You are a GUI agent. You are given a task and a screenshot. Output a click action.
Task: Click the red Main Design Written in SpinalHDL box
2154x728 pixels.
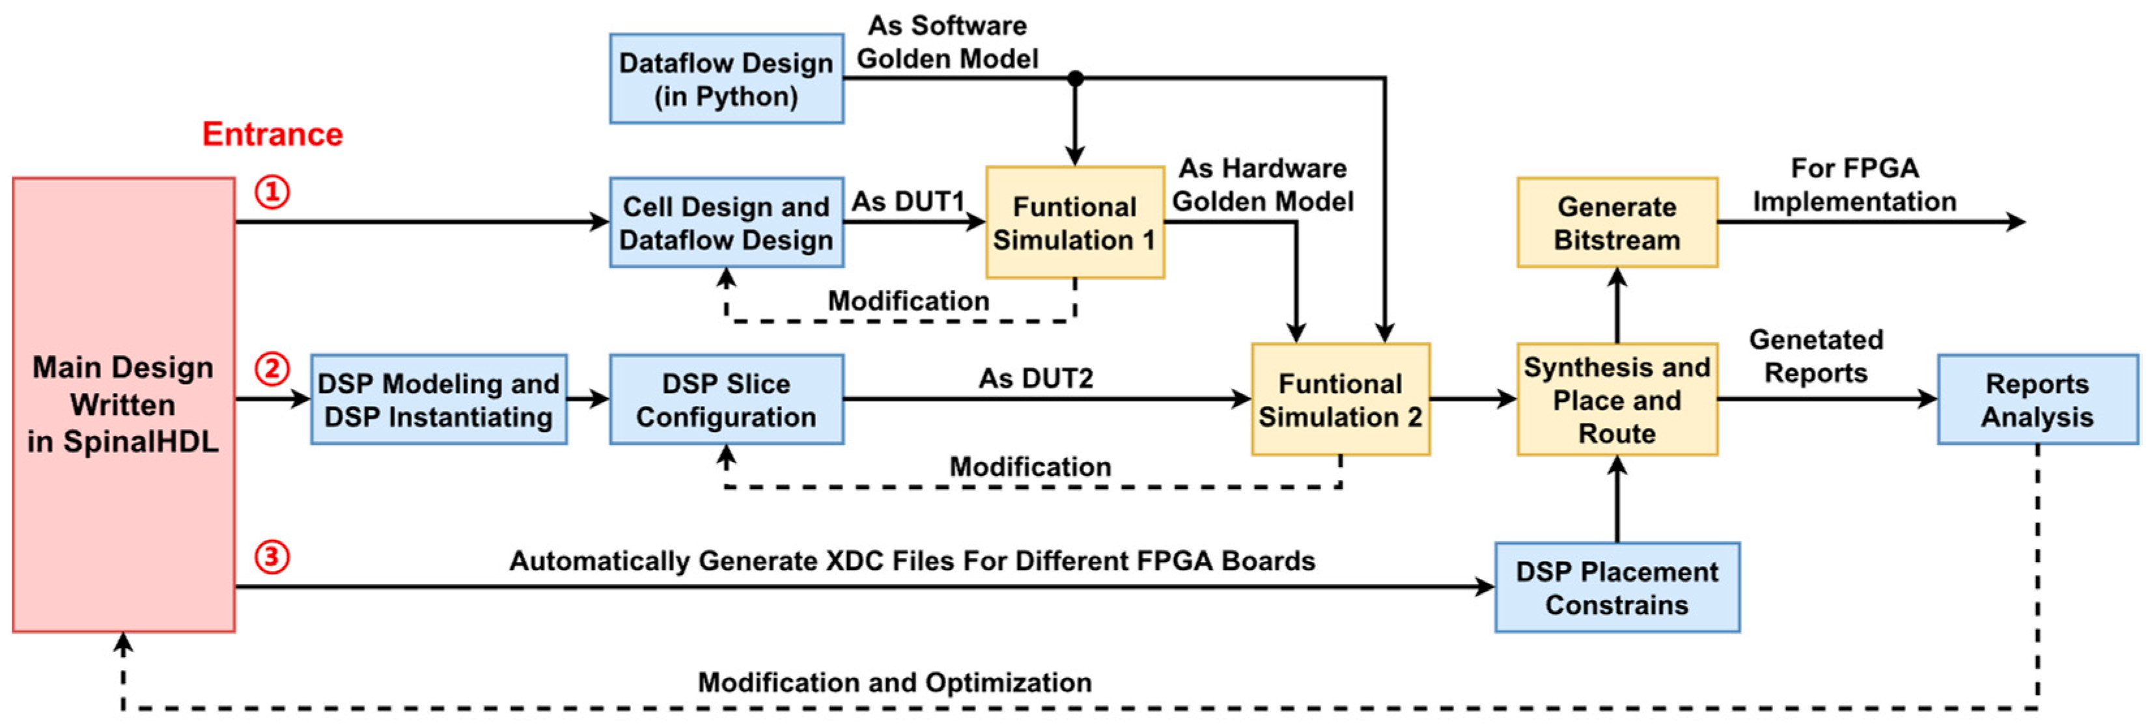(124, 404)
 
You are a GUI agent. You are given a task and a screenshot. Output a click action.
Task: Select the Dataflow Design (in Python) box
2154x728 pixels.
(726, 79)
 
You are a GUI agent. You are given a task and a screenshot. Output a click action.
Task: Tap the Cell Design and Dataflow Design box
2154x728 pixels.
(726, 222)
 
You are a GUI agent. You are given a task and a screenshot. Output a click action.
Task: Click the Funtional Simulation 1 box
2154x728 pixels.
(1074, 222)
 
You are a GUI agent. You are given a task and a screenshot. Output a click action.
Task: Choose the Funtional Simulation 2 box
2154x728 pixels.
(1341, 399)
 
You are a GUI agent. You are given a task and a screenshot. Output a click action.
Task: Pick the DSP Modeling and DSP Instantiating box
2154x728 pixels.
(438, 399)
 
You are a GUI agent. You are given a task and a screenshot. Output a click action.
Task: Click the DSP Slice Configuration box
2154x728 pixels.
(726, 399)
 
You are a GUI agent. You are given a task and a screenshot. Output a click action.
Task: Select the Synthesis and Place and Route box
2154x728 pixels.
(1617, 399)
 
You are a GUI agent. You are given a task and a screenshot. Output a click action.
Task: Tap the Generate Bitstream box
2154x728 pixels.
(1617, 222)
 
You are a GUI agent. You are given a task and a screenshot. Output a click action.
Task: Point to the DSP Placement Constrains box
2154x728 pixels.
(1617, 587)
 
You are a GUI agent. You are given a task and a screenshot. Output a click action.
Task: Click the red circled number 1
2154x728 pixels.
(272, 192)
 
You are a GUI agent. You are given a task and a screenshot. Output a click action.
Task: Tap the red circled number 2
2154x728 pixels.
(272, 369)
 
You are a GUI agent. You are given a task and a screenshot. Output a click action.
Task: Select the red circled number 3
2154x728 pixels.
(272, 557)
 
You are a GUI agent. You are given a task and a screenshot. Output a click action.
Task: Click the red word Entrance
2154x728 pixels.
(273, 134)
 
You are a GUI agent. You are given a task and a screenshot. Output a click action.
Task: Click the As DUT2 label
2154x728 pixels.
(1036, 378)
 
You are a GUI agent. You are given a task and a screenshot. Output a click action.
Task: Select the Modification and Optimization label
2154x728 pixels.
(895, 682)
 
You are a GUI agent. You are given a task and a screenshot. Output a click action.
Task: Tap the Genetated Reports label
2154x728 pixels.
(1815, 356)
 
